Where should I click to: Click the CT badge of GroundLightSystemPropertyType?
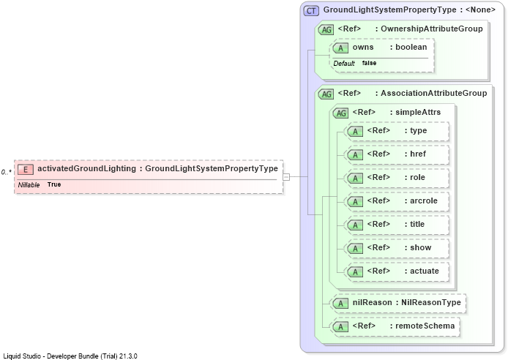pos(311,11)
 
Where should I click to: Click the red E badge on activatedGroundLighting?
pos(26,169)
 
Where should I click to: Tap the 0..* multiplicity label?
pos(6,172)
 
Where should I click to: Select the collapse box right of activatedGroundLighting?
pos(286,177)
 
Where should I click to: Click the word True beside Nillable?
pos(54,184)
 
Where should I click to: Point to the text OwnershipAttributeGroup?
pos(432,29)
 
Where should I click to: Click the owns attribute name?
pos(363,48)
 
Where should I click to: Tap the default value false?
pos(369,63)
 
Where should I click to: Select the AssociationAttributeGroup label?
pos(433,93)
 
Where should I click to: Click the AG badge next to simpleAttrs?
pos(341,113)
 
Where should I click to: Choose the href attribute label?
pos(418,154)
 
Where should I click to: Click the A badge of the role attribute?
pos(356,179)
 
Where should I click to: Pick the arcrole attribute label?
pos(424,200)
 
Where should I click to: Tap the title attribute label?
pos(417,224)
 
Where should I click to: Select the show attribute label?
pos(420,247)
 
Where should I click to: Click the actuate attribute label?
pos(425,271)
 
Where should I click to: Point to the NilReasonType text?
pos(431,302)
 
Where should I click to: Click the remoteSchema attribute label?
pos(425,326)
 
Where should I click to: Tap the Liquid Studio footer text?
pos(70,356)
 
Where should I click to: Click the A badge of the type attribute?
pos(356,132)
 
